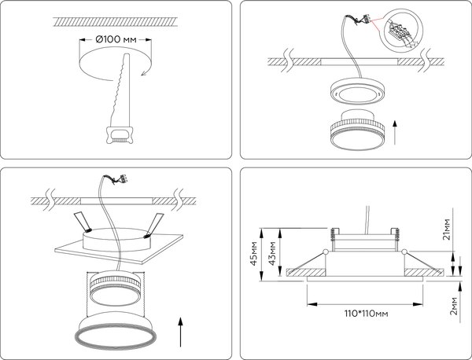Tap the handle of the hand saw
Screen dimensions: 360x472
(120, 135)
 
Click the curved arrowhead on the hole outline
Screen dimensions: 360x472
(142, 73)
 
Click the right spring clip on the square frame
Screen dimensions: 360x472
(154, 222)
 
